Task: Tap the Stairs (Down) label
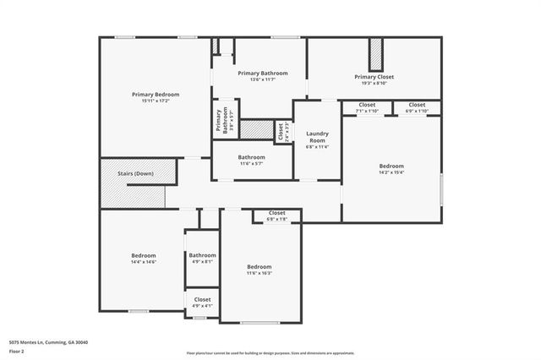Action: click(x=135, y=173)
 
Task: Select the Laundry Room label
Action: click(x=317, y=136)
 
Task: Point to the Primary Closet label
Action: click(x=374, y=77)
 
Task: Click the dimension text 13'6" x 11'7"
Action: click(x=263, y=79)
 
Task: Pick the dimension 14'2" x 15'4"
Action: click(x=391, y=172)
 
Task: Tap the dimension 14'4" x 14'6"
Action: click(x=143, y=262)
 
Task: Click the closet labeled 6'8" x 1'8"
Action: click(x=277, y=215)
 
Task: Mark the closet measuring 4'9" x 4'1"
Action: click(x=203, y=302)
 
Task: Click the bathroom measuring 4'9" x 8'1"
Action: click(x=202, y=259)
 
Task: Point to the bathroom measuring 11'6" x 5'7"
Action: click(x=251, y=160)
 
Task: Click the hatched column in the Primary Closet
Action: click(x=375, y=54)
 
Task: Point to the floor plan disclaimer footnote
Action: click(x=270, y=352)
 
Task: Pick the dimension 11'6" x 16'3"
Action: click(x=259, y=270)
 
